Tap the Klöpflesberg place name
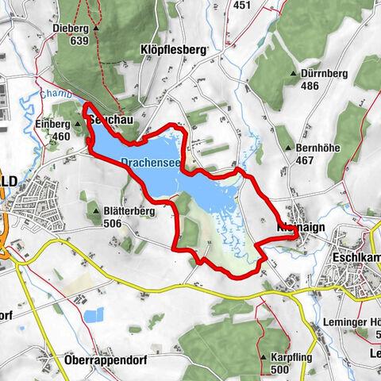[x=175, y=48]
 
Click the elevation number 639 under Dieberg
[x=78, y=40]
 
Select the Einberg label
[x=53, y=124]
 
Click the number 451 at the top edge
[x=242, y=5]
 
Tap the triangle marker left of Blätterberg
[x=96, y=212]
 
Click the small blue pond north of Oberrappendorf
[x=93, y=314]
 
